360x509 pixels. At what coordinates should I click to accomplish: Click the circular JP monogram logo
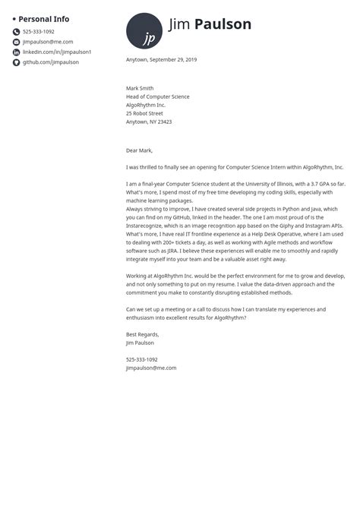click(x=144, y=31)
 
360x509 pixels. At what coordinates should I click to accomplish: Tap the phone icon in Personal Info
click(x=16, y=32)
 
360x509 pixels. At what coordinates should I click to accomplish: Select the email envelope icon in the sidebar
click(x=16, y=42)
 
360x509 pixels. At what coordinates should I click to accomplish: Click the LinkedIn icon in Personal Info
click(x=16, y=52)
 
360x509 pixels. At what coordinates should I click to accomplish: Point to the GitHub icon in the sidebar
click(x=16, y=62)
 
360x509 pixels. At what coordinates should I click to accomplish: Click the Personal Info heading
click(x=43, y=18)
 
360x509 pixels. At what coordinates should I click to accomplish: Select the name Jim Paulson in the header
click(x=210, y=24)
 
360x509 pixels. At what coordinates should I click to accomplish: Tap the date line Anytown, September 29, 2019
click(x=161, y=59)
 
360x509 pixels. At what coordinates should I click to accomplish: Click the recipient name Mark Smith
click(x=140, y=88)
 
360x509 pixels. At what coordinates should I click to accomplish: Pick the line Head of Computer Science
click(x=158, y=96)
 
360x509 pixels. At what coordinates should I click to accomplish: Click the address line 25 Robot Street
click(x=144, y=113)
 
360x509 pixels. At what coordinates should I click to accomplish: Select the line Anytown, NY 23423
click(x=149, y=122)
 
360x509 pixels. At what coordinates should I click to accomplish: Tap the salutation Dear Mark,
click(x=141, y=150)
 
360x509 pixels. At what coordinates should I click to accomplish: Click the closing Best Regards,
click(x=143, y=334)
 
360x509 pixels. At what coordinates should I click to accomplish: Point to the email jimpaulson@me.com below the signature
click(x=151, y=368)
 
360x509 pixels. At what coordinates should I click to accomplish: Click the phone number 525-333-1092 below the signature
click(x=142, y=359)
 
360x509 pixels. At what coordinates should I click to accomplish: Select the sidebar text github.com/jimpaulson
click(x=50, y=62)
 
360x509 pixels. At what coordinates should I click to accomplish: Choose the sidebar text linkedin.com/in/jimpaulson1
click(x=57, y=52)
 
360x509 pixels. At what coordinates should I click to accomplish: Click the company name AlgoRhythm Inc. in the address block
click(x=147, y=105)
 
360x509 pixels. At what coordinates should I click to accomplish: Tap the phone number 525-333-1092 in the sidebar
click(x=39, y=32)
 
